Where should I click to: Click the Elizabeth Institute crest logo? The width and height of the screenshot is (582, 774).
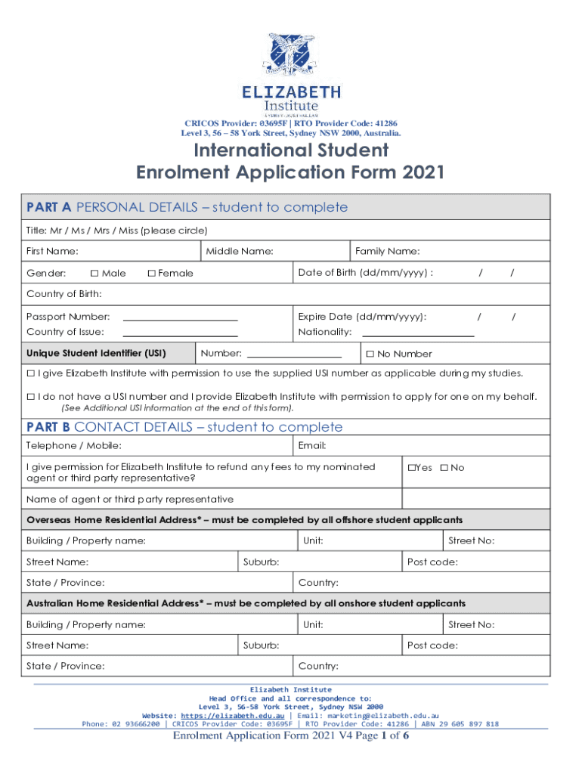click(291, 55)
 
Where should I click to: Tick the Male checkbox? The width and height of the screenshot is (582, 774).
click(94, 273)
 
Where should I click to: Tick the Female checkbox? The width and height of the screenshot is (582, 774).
click(151, 273)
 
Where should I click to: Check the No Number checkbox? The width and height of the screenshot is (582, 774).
click(370, 354)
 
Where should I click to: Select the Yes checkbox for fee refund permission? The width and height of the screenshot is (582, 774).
click(412, 468)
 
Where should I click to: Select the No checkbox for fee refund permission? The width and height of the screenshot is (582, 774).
click(444, 468)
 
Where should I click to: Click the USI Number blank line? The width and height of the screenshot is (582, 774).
click(294, 355)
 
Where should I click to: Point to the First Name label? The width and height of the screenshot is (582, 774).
click(52, 251)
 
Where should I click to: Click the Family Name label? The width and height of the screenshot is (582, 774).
click(388, 251)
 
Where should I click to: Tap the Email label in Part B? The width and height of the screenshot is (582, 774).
click(312, 446)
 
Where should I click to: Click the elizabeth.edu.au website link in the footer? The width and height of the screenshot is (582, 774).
click(231, 715)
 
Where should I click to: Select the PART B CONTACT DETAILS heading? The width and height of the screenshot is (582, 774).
click(184, 427)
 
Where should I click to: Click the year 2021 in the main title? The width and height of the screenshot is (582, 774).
click(419, 173)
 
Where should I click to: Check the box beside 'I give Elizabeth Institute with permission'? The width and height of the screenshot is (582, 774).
click(31, 373)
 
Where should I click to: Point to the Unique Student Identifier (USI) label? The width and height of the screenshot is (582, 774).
click(96, 354)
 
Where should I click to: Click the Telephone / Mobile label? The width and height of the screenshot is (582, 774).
click(74, 446)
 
